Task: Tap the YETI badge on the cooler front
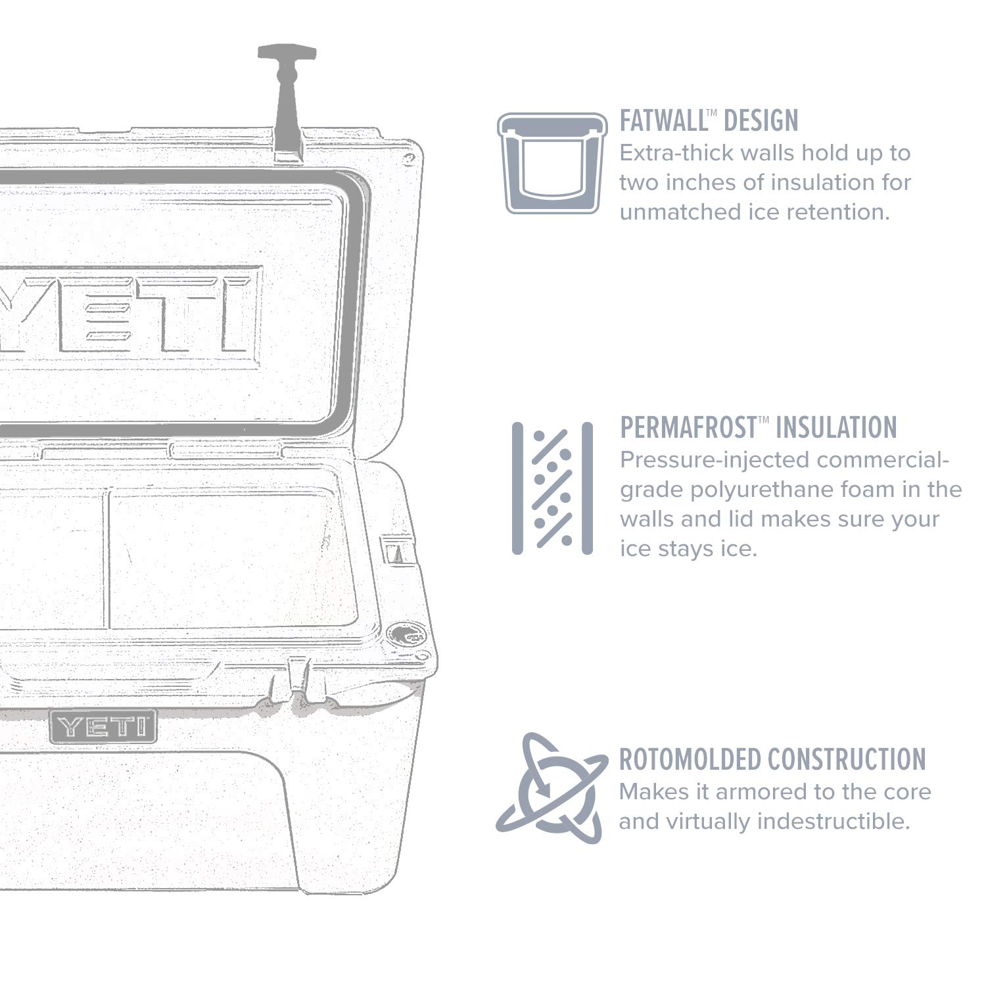[103, 726]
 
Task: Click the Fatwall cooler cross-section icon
[552, 162]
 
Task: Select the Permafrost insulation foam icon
[552, 488]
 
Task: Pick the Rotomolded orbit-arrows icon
[551, 788]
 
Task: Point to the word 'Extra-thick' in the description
[676, 153]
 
